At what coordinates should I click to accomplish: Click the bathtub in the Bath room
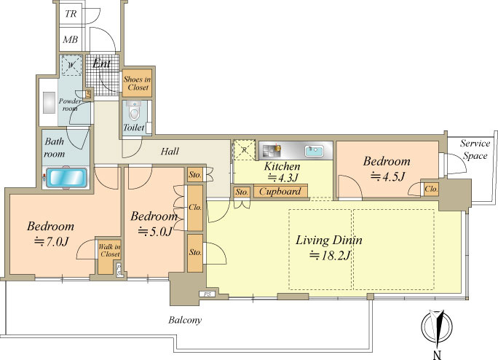pos(66,178)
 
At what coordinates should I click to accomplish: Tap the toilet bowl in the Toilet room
pos(135,112)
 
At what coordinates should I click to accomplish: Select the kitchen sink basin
pos(315,151)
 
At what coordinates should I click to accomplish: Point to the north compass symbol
pos(437,327)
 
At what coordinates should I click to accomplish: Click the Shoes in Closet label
pos(137,83)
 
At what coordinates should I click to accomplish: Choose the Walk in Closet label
pos(109,250)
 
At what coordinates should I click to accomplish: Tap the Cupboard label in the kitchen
pos(280,192)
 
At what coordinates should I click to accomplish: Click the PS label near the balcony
pos(207,294)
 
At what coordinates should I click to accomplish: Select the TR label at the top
pos(71,14)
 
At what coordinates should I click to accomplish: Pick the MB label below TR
pos(71,39)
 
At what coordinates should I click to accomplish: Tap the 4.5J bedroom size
pos(388,176)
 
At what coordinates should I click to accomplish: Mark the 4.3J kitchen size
pos(282,178)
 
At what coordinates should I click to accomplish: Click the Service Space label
pos(475,149)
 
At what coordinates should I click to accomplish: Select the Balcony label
pos(185,320)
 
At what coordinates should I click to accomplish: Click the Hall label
pos(170,151)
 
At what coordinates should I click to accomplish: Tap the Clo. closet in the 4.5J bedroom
pos(431,189)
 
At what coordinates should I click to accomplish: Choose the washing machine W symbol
pos(71,65)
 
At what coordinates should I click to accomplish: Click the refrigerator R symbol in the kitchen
pos(244,149)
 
